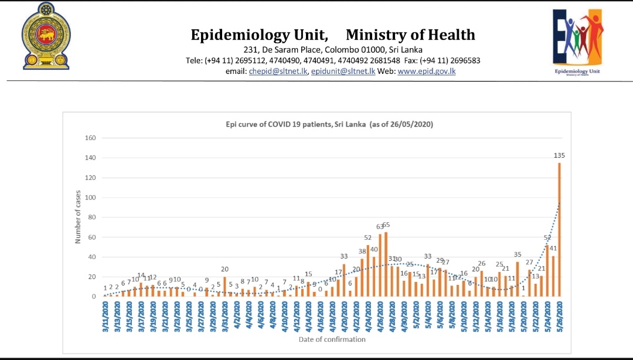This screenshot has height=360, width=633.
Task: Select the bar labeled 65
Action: [x=386, y=264]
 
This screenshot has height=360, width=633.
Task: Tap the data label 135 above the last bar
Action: [x=559, y=156]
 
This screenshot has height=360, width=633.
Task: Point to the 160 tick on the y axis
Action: [x=90, y=138]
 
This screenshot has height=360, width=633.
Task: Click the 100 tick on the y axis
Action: [x=90, y=198]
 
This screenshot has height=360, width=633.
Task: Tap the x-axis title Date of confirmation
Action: [x=332, y=339]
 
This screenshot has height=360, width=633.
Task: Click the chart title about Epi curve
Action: [x=329, y=124]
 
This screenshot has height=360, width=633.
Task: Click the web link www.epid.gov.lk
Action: [x=427, y=72]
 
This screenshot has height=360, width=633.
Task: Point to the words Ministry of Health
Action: [x=410, y=35]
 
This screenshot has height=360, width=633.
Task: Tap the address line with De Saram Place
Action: [x=333, y=50]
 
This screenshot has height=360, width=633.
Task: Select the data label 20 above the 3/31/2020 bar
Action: [x=224, y=269]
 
